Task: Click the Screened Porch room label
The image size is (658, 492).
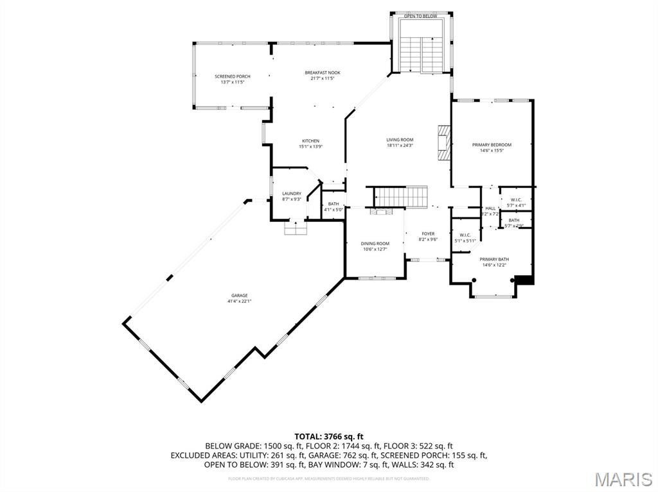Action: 232,76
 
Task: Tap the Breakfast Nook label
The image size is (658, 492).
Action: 322,72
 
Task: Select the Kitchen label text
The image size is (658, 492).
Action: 310,141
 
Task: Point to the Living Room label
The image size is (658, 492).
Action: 400,140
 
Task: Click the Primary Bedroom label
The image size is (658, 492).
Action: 492,145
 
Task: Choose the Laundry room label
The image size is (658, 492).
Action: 292,194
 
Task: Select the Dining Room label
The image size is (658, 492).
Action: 375,244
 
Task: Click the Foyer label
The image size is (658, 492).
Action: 428,234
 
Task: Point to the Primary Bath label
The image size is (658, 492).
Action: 493,259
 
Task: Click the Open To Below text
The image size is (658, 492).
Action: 421,16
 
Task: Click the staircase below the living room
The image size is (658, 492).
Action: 401,196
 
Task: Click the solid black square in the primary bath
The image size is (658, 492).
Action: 524,279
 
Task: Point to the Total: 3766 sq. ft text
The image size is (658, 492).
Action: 328,436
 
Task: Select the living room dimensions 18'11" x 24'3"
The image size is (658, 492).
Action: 400,146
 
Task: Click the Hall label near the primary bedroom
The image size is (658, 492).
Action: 490,208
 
